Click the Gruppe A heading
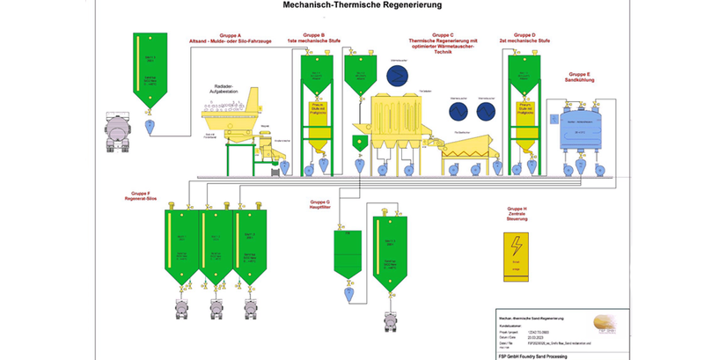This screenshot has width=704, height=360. coord(229,35)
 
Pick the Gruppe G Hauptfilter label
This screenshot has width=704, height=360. coord(320,205)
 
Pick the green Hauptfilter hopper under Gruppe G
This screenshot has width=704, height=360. coord(348,252)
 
